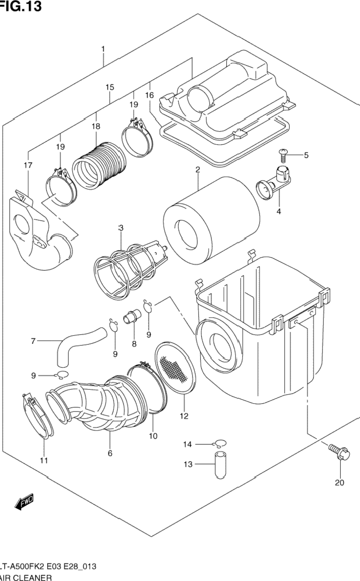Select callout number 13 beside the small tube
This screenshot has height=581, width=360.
pos(187,464)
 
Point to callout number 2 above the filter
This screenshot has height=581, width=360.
pos(198,169)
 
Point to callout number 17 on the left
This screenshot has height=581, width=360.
pos(28,165)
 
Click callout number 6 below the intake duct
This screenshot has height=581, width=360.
pos(110,453)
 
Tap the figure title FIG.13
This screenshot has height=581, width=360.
pos(21,6)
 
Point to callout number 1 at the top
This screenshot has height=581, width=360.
pos(103,48)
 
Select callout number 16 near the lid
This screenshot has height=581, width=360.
pos(149,95)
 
